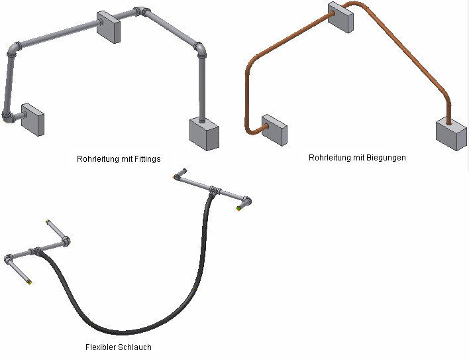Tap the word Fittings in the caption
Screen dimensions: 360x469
coord(147,158)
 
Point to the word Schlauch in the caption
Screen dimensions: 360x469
coord(137,347)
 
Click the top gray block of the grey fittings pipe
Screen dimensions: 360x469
coord(109,26)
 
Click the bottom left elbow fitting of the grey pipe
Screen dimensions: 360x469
coord(8,118)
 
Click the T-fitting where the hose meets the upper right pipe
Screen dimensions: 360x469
coord(213,191)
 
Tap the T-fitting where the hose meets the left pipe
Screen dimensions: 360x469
coord(36,252)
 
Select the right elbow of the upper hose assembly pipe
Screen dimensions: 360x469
coord(246,200)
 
